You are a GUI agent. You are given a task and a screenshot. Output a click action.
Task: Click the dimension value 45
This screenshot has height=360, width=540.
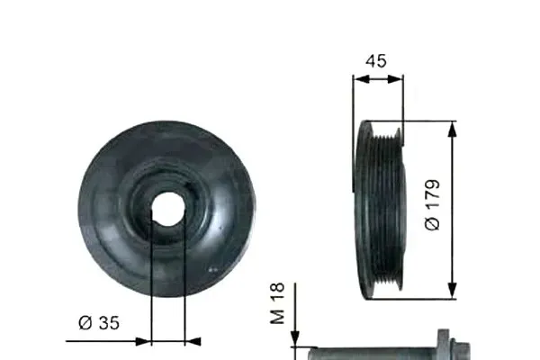click(378, 60)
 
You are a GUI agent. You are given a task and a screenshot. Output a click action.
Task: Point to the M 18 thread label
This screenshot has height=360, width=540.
click(278, 303)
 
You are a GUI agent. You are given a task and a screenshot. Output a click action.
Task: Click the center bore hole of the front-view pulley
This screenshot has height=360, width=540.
click(167, 209)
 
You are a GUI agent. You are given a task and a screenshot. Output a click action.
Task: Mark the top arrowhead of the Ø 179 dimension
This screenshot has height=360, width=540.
click(452, 126)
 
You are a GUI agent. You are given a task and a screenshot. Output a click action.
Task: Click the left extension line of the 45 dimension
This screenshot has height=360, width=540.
click(353, 135)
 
